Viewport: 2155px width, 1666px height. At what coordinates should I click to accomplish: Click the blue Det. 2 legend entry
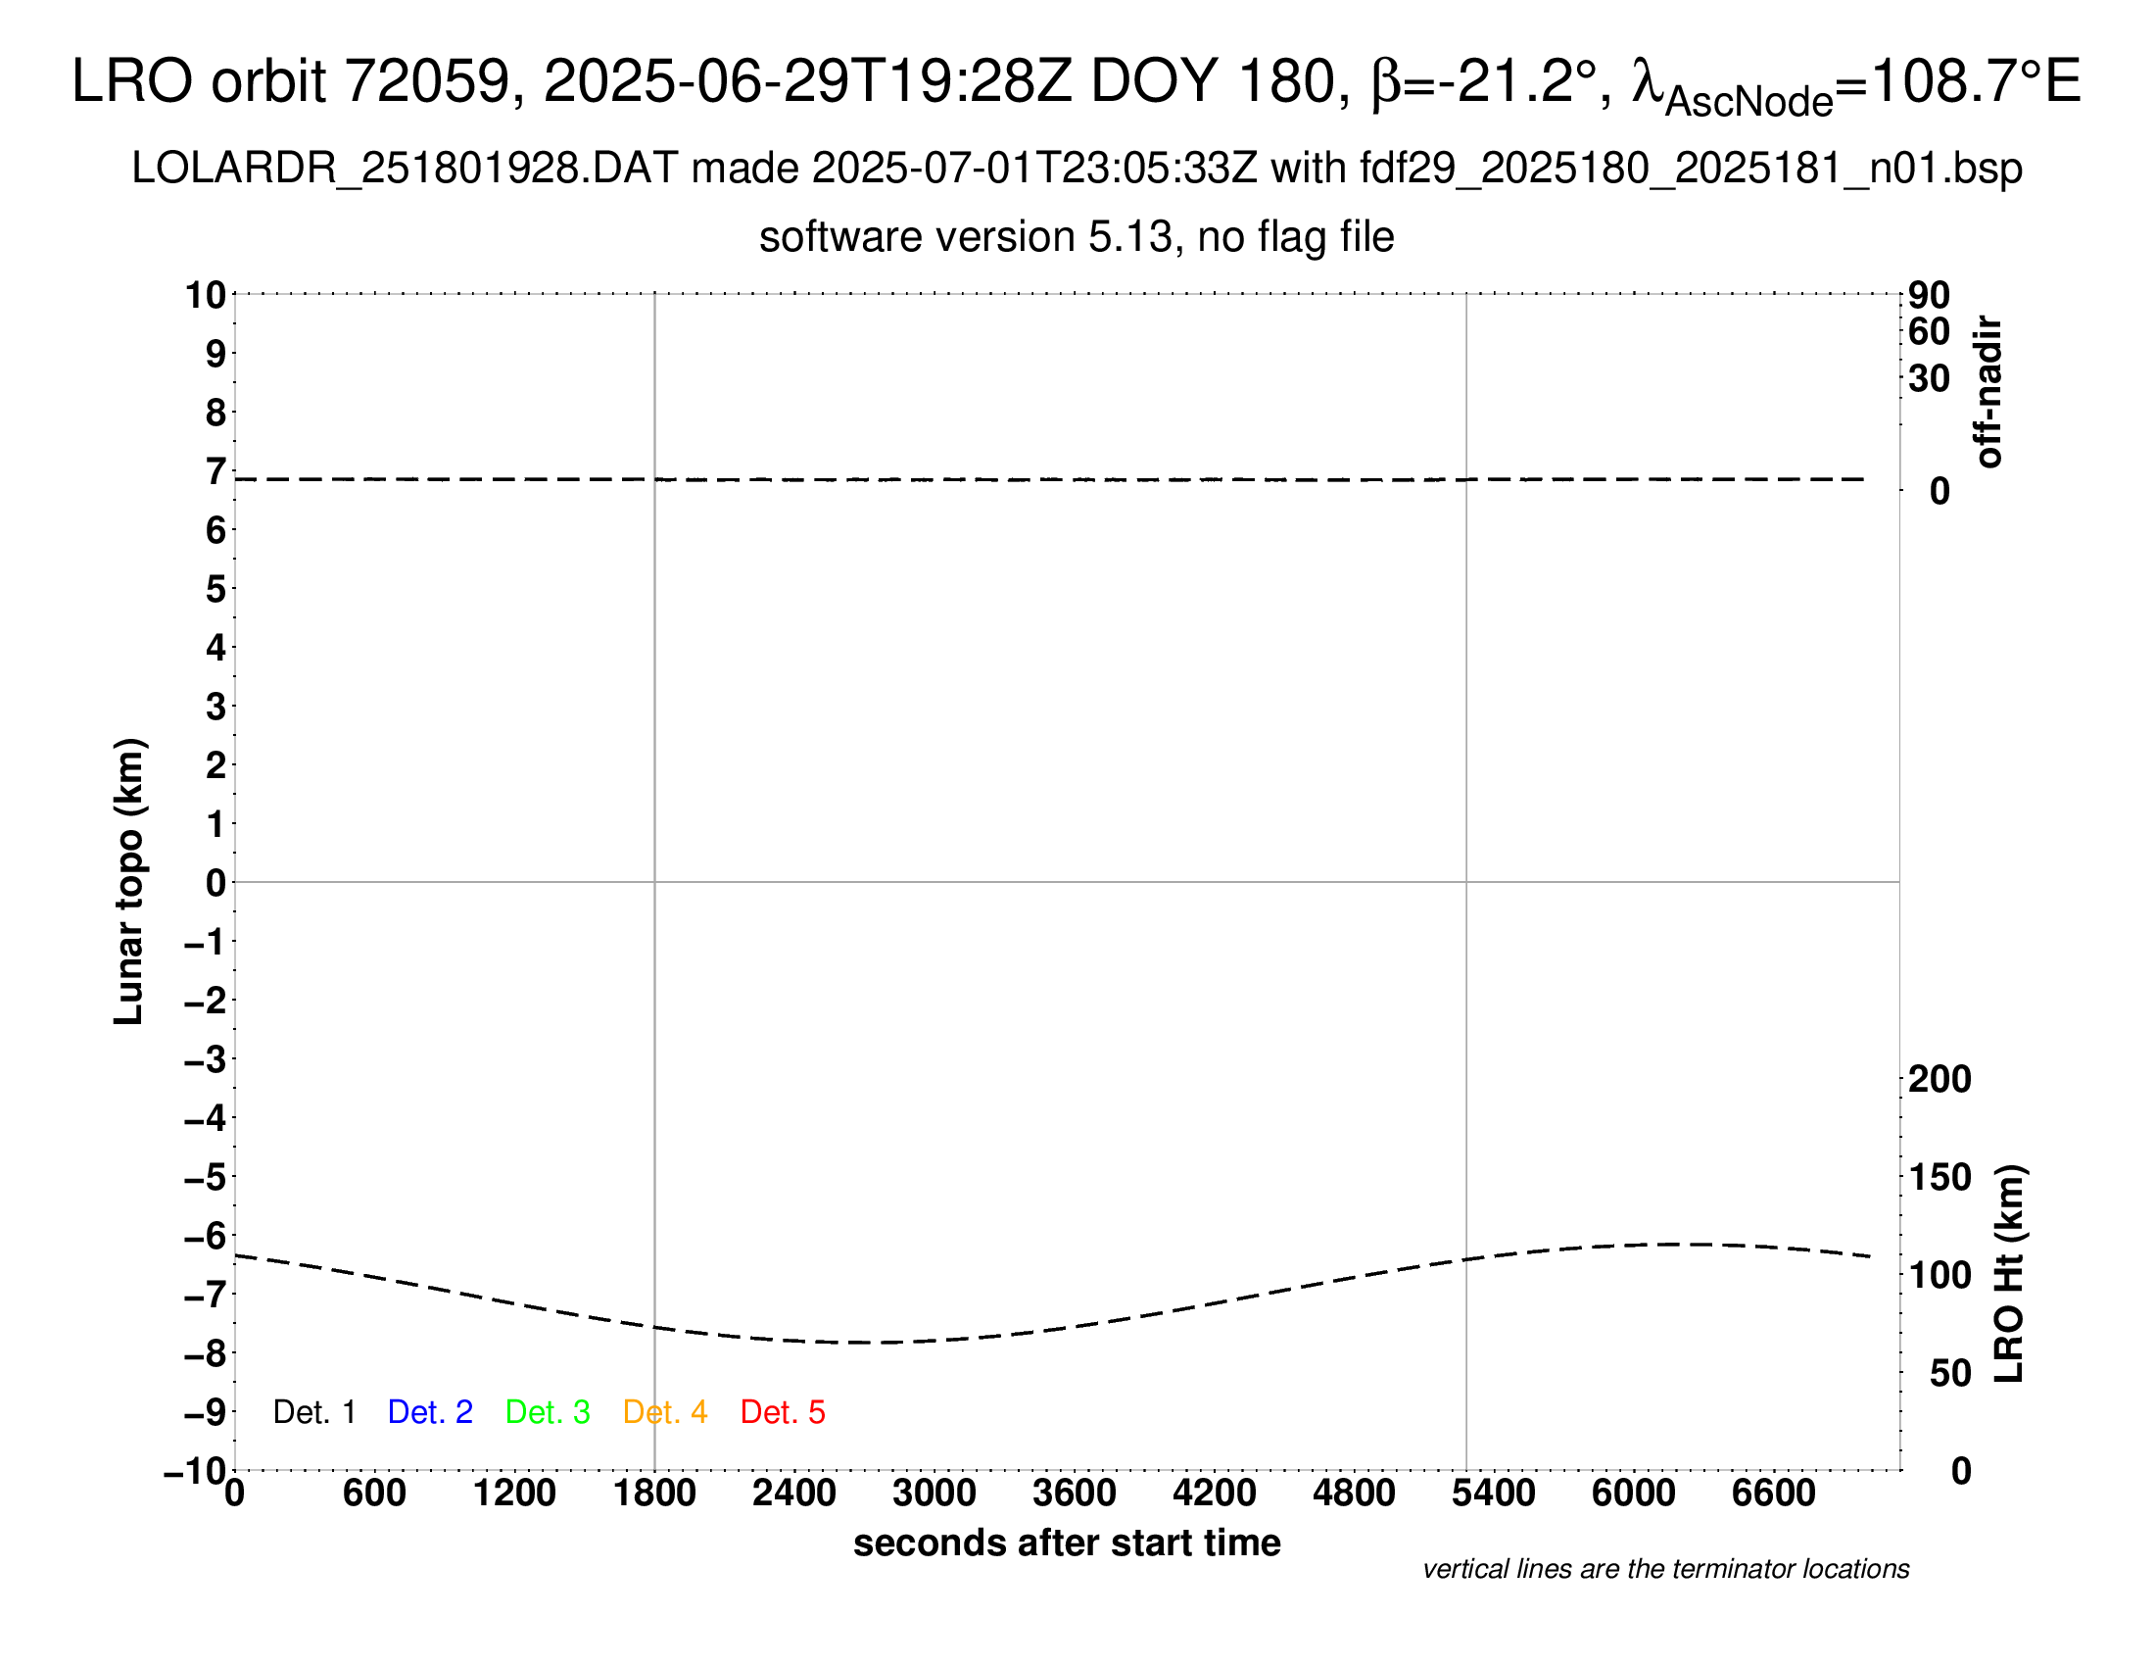(x=430, y=1412)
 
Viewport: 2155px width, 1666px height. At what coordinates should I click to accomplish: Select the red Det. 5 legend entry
(x=783, y=1412)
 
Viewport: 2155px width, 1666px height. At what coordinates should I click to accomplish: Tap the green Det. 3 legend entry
(x=548, y=1412)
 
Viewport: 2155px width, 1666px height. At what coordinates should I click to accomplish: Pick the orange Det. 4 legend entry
(x=665, y=1412)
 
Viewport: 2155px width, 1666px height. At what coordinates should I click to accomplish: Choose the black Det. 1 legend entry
(x=313, y=1412)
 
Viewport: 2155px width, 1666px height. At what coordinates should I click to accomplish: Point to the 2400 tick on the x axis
(x=794, y=1494)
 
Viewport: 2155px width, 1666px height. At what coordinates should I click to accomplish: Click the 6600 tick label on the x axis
(x=1773, y=1494)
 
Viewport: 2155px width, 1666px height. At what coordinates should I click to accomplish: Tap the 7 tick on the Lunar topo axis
(x=215, y=471)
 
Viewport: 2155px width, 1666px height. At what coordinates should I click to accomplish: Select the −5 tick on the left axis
(x=206, y=1177)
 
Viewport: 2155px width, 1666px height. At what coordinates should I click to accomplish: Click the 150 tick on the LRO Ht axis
(x=1939, y=1177)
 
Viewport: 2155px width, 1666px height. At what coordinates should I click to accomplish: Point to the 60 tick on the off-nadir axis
(x=1929, y=331)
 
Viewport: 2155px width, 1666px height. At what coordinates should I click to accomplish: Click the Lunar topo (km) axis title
(x=129, y=881)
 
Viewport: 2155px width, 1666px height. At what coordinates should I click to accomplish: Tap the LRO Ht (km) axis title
(x=2009, y=1274)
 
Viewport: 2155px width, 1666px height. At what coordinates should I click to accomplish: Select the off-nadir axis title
(x=1989, y=392)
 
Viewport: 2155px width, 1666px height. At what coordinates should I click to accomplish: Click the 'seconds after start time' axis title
(x=1067, y=1543)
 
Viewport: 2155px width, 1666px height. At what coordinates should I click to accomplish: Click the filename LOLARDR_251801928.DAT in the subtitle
(x=405, y=169)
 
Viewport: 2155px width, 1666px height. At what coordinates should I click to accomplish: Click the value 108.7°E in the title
(x=1976, y=81)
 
